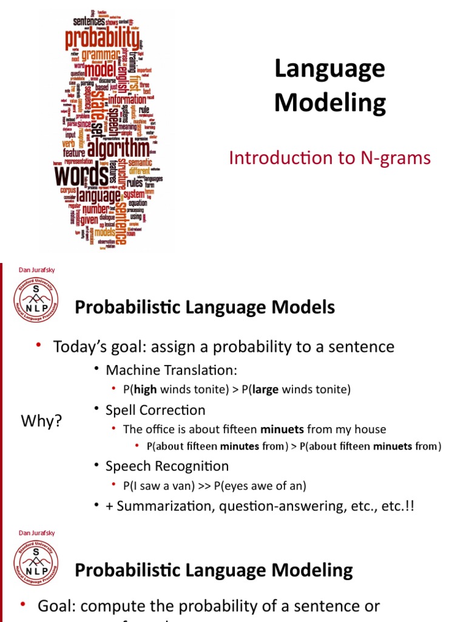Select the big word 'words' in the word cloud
(x=82, y=177)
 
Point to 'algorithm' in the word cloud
(x=118, y=148)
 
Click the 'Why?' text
(x=42, y=420)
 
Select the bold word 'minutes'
(x=240, y=446)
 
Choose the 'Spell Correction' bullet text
(x=155, y=410)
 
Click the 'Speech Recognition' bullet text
(x=167, y=466)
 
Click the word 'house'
(x=370, y=429)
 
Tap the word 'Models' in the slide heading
(x=307, y=307)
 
